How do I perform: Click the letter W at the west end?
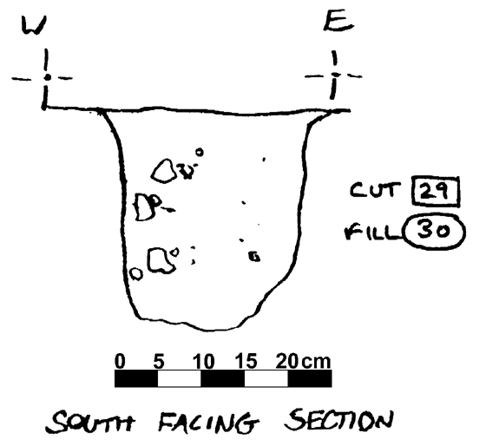[34, 25]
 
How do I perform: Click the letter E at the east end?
[338, 23]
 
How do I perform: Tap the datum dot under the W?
[47, 77]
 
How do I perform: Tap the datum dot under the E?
[335, 75]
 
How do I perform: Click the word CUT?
[373, 190]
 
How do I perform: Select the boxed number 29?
[436, 191]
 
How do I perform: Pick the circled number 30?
[434, 231]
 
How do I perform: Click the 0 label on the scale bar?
[120, 361]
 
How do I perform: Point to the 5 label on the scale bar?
[159, 361]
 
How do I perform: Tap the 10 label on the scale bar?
[203, 361]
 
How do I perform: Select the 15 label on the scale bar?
[246, 361]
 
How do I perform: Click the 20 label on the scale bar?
[287, 361]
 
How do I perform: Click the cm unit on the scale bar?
[316, 363]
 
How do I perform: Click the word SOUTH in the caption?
[90, 422]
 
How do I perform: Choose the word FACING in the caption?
[208, 422]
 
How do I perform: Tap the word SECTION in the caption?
[338, 420]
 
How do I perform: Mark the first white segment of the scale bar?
[180, 378]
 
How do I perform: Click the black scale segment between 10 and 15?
[223, 378]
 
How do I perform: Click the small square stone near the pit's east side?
[254, 257]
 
